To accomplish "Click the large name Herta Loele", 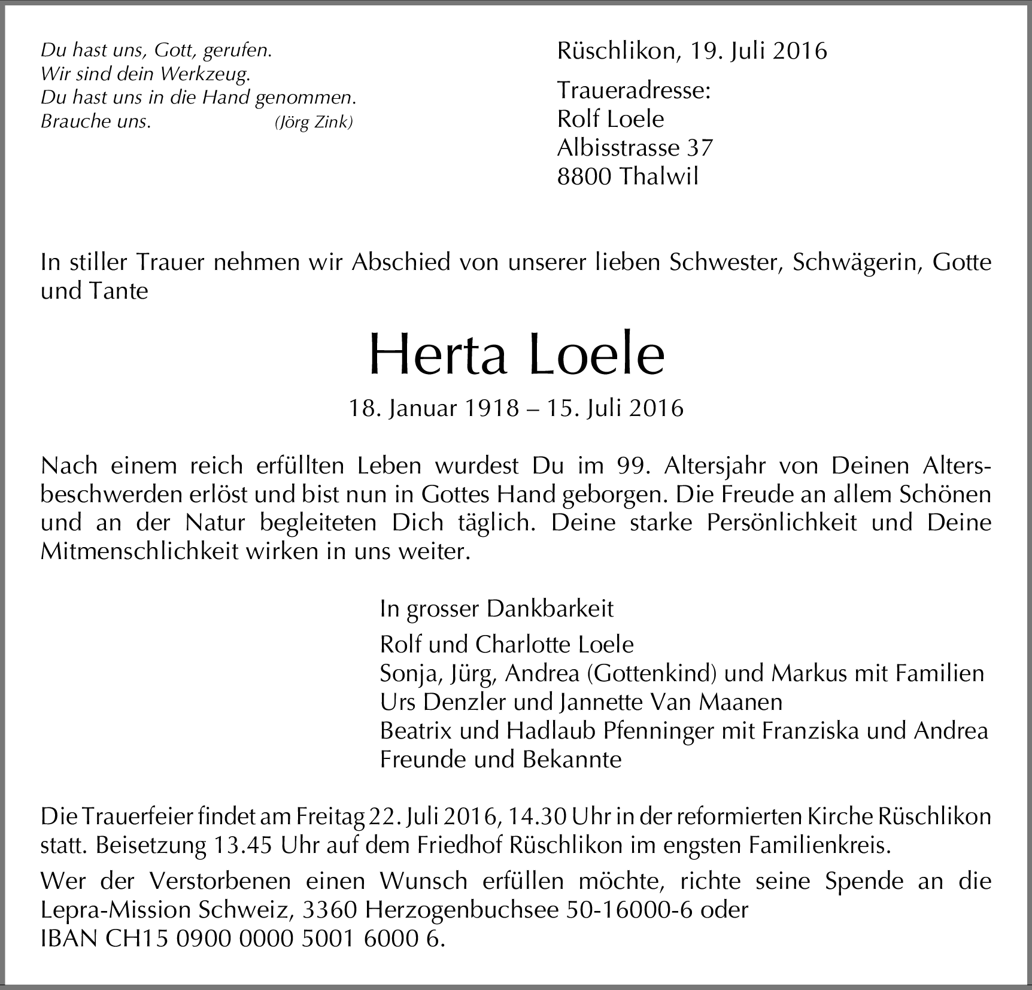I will pos(516,354).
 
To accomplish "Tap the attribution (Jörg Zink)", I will pos(314,123).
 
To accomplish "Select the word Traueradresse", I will pos(633,91).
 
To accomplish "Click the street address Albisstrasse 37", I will pos(635,148).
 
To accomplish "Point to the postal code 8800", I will pos(584,177).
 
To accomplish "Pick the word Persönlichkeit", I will pos(781,523).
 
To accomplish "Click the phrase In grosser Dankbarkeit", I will pos(496,609).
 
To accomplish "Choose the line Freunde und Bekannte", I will pos(500,760).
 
